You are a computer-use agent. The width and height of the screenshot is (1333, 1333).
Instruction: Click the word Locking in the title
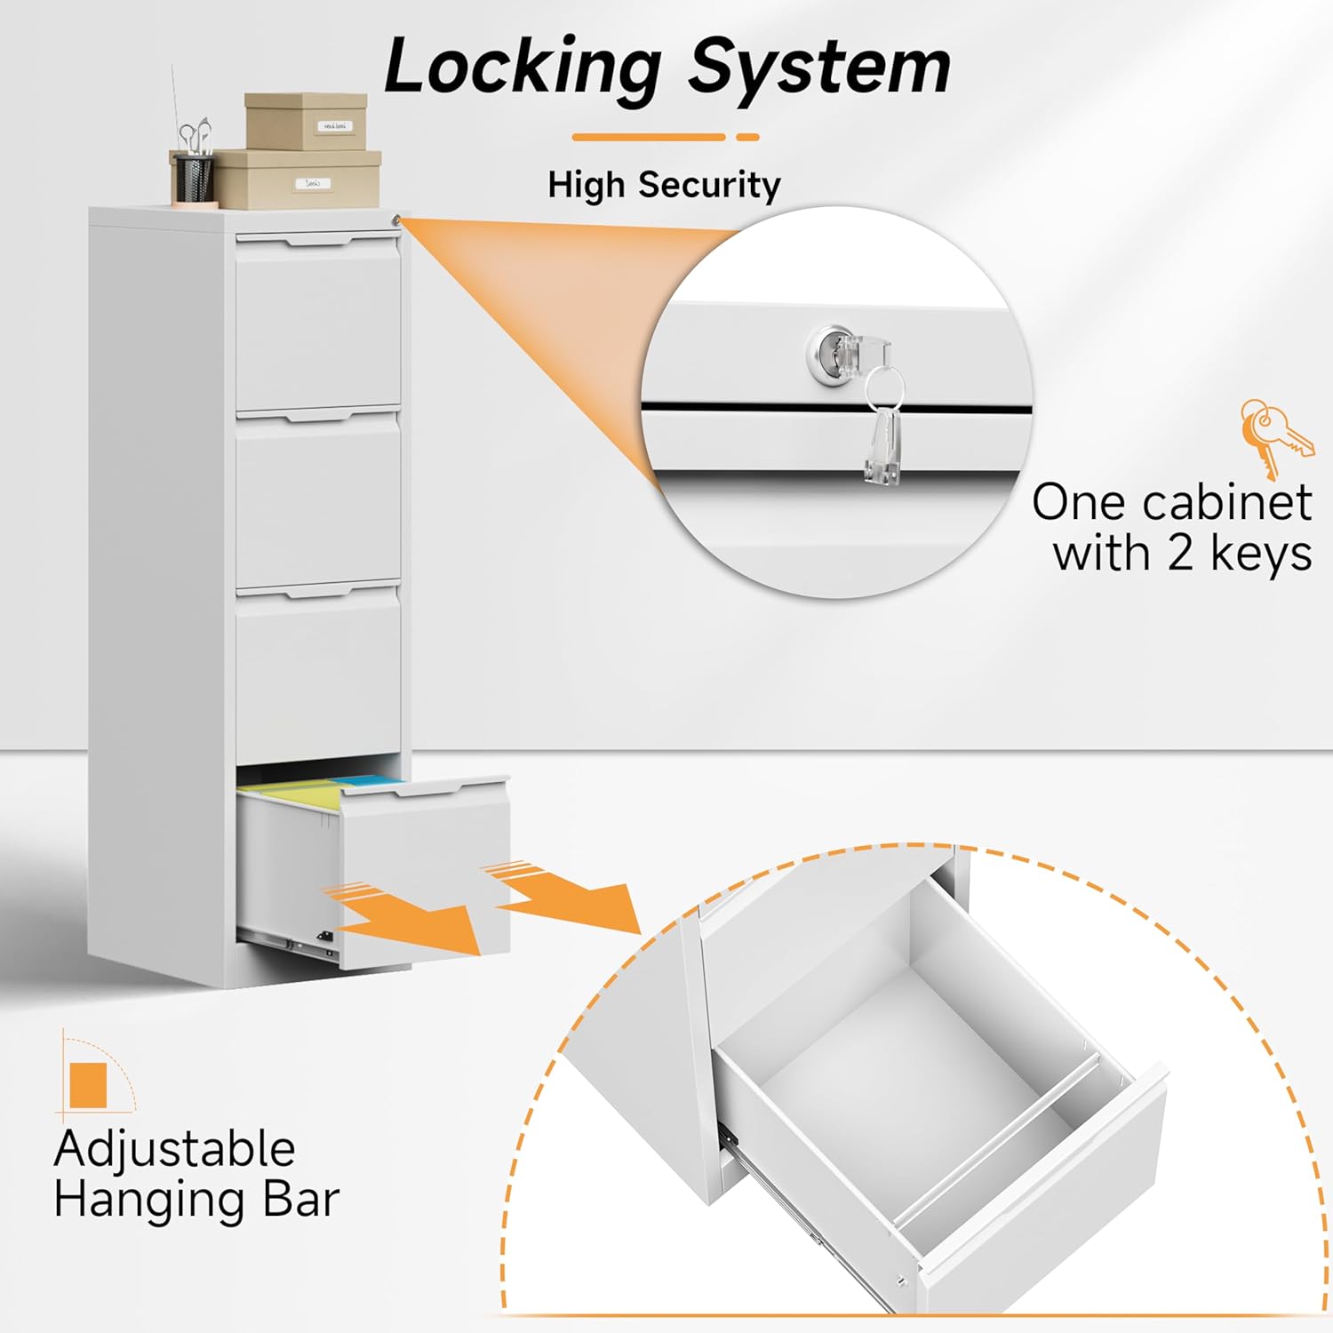click(x=523, y=68)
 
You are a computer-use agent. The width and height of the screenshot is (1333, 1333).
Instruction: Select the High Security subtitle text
click(x=664, y=185)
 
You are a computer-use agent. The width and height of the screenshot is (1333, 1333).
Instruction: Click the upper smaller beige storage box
click(x=306, y=121)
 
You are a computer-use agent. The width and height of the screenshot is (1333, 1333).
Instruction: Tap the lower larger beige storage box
click(x=299, y=180)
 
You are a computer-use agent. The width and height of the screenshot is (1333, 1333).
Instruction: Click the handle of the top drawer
click(x=317, y=240)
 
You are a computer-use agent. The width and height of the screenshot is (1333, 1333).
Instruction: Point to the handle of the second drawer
click(x=317, y=415)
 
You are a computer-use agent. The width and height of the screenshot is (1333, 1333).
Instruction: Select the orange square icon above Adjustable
click(x=88, y=1085)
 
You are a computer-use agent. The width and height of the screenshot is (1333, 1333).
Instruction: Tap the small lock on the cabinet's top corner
click(x=396, y=220)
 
